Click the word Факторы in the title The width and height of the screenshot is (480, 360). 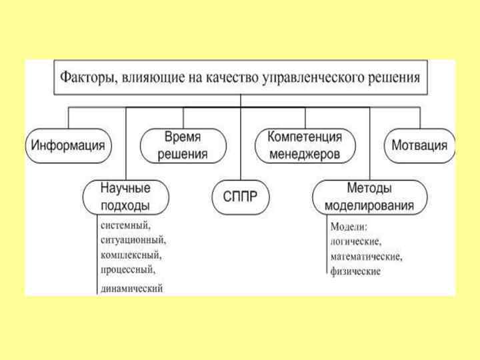click(89, 77)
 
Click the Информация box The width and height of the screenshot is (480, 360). click(68, 145)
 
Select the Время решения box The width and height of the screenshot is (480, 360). click(183, 145)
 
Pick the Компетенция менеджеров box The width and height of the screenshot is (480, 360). click(304, 145)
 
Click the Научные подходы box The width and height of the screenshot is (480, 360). click(125, 196)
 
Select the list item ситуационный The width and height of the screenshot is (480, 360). click(133, 239)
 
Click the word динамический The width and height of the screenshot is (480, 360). click(132, 288)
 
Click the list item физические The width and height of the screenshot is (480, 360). click(355, 271)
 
